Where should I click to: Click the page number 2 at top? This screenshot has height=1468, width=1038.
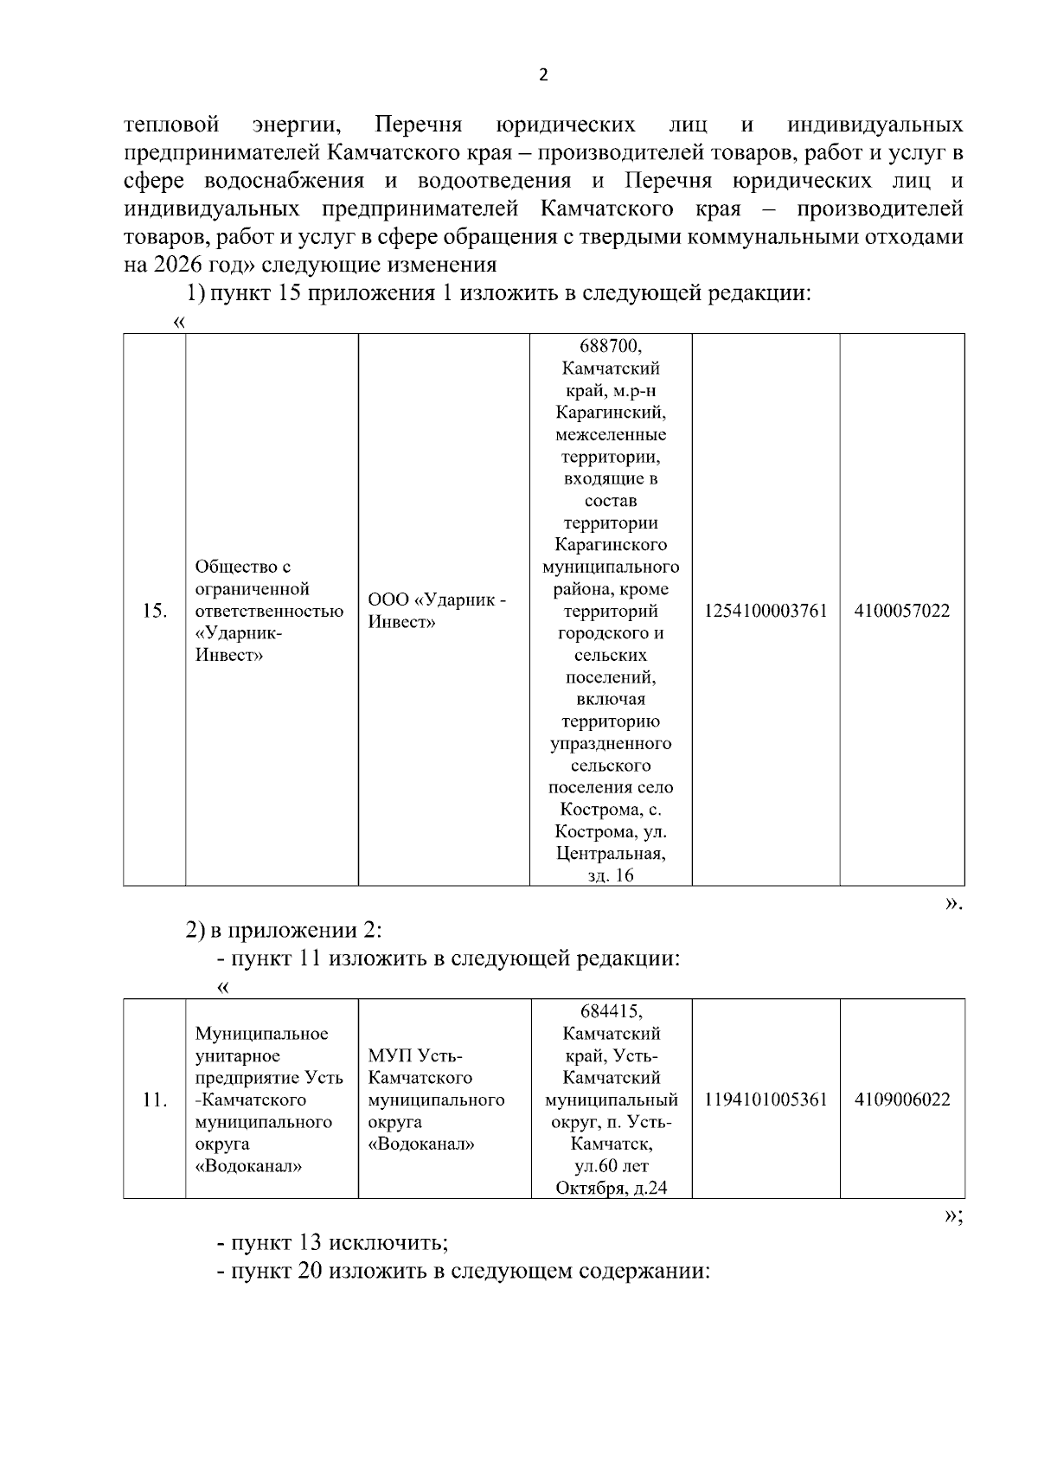(x=543, y=75)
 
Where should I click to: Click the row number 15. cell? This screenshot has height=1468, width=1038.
(x=154, y=612)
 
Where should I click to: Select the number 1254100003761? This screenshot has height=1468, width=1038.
(x=766, y=612)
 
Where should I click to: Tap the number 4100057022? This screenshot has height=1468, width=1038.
(x=902, y=612)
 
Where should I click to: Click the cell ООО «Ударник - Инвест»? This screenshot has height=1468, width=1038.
(x=437, y=612)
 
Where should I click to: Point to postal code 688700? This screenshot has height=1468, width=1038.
(x=611, y=347)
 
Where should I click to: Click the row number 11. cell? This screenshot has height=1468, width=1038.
(x=154, y=1100)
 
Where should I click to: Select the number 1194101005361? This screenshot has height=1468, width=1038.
(x=766, y=1100)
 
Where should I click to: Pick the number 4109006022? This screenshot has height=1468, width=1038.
(x=902, y=1100)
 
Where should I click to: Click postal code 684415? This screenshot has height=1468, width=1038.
(x=611, y=1011)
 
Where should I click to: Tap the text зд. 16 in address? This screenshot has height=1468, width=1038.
(x=611, y=875)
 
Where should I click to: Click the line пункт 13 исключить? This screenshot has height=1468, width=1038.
(x=333, y=1243)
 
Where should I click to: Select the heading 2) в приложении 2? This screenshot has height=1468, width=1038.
(x=285, y=931)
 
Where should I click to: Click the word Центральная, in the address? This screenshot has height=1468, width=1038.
(x=611, y=854)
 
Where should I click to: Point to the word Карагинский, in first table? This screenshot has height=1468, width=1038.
(x=611, y=413)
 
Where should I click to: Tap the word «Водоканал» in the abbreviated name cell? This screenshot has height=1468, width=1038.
(x=421, y=1144)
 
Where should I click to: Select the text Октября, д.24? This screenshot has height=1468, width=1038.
(x=611, y=1188)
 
